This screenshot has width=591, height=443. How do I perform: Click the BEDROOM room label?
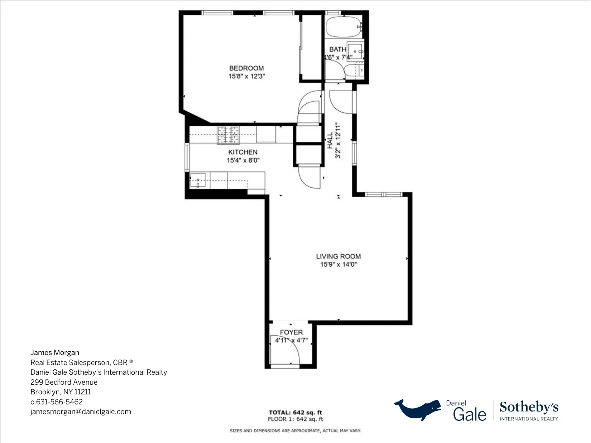[246, 68]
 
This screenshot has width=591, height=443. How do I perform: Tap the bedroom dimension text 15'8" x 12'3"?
[246, 76]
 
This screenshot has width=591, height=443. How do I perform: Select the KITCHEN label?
[243, 152]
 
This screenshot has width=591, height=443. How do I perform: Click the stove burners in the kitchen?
[228, 135]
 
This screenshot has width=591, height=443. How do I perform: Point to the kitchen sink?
[198, 180]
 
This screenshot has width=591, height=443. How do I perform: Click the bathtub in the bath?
[343, 27]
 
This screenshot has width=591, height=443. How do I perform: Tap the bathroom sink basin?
[356, 52]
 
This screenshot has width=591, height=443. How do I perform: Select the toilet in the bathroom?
[354, 70]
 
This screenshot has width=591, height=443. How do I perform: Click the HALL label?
[330, 140]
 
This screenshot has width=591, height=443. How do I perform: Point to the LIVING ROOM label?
[338, 256]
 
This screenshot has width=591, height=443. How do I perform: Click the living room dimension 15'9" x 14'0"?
[338, 265]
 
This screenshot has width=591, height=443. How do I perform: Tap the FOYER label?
[291, 332]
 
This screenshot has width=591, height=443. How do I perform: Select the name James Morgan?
[55, 353]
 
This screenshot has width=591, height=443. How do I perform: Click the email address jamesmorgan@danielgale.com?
[81, 412]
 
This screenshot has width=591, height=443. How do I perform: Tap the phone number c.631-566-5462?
[57, 402]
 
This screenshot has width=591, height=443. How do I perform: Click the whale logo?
[418, 409]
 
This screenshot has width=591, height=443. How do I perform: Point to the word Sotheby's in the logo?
[529, 407]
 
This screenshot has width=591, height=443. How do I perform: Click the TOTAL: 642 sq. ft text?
[295, 413]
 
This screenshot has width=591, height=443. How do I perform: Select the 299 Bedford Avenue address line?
[64, 382]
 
